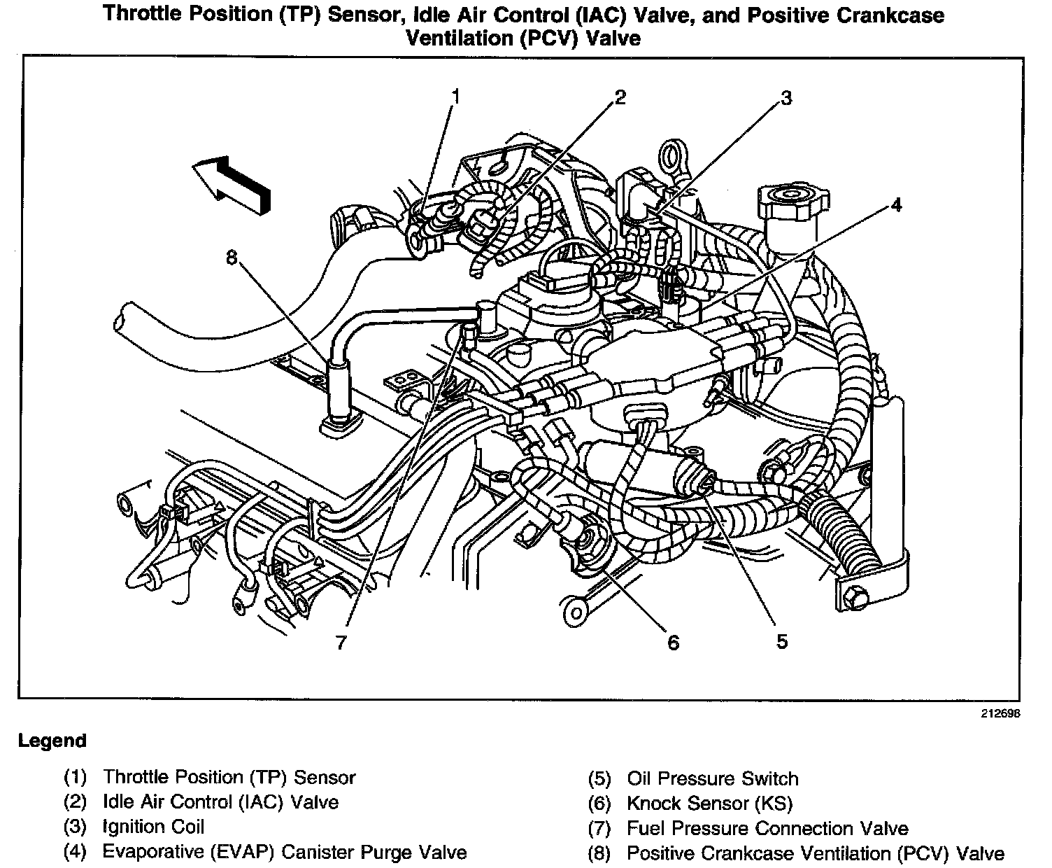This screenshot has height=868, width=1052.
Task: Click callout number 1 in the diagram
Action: [x=456, y=97]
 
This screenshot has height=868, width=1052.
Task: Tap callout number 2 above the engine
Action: [x=620, y=97]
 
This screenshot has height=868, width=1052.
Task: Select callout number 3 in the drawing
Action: [x=786, y=98]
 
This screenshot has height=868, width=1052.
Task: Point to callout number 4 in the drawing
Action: [x=896, y=205]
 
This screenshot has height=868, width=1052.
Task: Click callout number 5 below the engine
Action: [x=781, y=640]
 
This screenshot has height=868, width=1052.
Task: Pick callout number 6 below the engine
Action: [x=673, y=642]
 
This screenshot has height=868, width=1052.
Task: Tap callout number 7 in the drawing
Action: [x=341, y=642]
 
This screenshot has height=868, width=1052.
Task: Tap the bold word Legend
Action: [x=52, y=741]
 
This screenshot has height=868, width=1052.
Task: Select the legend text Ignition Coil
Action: [x=153, y=827]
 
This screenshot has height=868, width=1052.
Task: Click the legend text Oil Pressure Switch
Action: [x=712, y=778]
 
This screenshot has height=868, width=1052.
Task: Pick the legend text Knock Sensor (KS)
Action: [x=709, y=804]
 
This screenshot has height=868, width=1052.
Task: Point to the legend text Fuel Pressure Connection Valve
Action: [x=767, y=829]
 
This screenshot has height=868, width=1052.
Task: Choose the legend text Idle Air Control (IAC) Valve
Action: [x=220, y=801]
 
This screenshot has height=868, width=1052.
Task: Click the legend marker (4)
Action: [x=75, y=852]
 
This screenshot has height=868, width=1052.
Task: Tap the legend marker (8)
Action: [x=599, y=854]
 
